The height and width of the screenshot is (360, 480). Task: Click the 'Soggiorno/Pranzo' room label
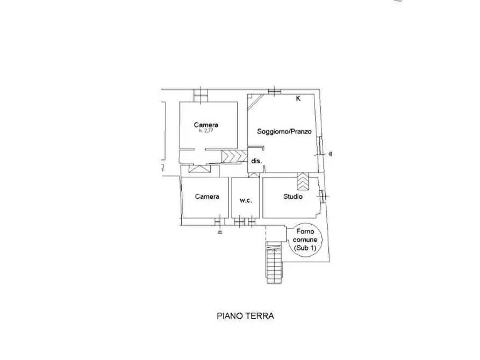pyautogui.click(x=284, y=132)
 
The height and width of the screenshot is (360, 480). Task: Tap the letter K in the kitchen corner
pyautogui.click(x=298, y=98)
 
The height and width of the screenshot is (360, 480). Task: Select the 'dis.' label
pyautogui.click(x=257, y=161)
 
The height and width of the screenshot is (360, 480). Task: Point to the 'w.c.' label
pyautogui.click(x=246, y=200)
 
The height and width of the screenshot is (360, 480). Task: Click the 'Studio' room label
pyautogui.click(x=293, y=197)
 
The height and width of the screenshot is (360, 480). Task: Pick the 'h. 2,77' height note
pyautogui.click(x=206, y=131)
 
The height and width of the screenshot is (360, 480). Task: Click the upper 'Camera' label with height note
pyautogui.click(x=206, y=125)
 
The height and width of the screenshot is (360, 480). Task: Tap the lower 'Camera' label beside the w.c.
pyautogui.click(x=207, y=197)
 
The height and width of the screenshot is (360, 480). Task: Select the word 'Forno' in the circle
pyautogui.click(x=305, y=232)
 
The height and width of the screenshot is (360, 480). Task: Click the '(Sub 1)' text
pyautogui.click(x=305, y=248)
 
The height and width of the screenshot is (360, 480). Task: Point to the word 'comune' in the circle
pyautogui.click(x=305, y=240)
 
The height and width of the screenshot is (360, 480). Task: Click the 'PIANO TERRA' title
pyautogui.click(x=245, y=316)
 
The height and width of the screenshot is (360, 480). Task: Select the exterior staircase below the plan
pyautogui.click(x=274, y=262)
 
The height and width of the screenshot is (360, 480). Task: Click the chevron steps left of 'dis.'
pyautogui.click(x=234, y=156)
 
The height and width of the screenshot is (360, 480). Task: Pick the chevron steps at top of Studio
pyautogui.click(x=303, y=181)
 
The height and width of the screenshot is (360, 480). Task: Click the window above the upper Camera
pyautogui.click(x=201, y=95)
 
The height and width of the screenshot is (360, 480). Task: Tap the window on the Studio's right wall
pyautogui.click(x=323, y=196)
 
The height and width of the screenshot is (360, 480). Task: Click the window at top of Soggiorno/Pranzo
pyautogui.click(x=275, y=91)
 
